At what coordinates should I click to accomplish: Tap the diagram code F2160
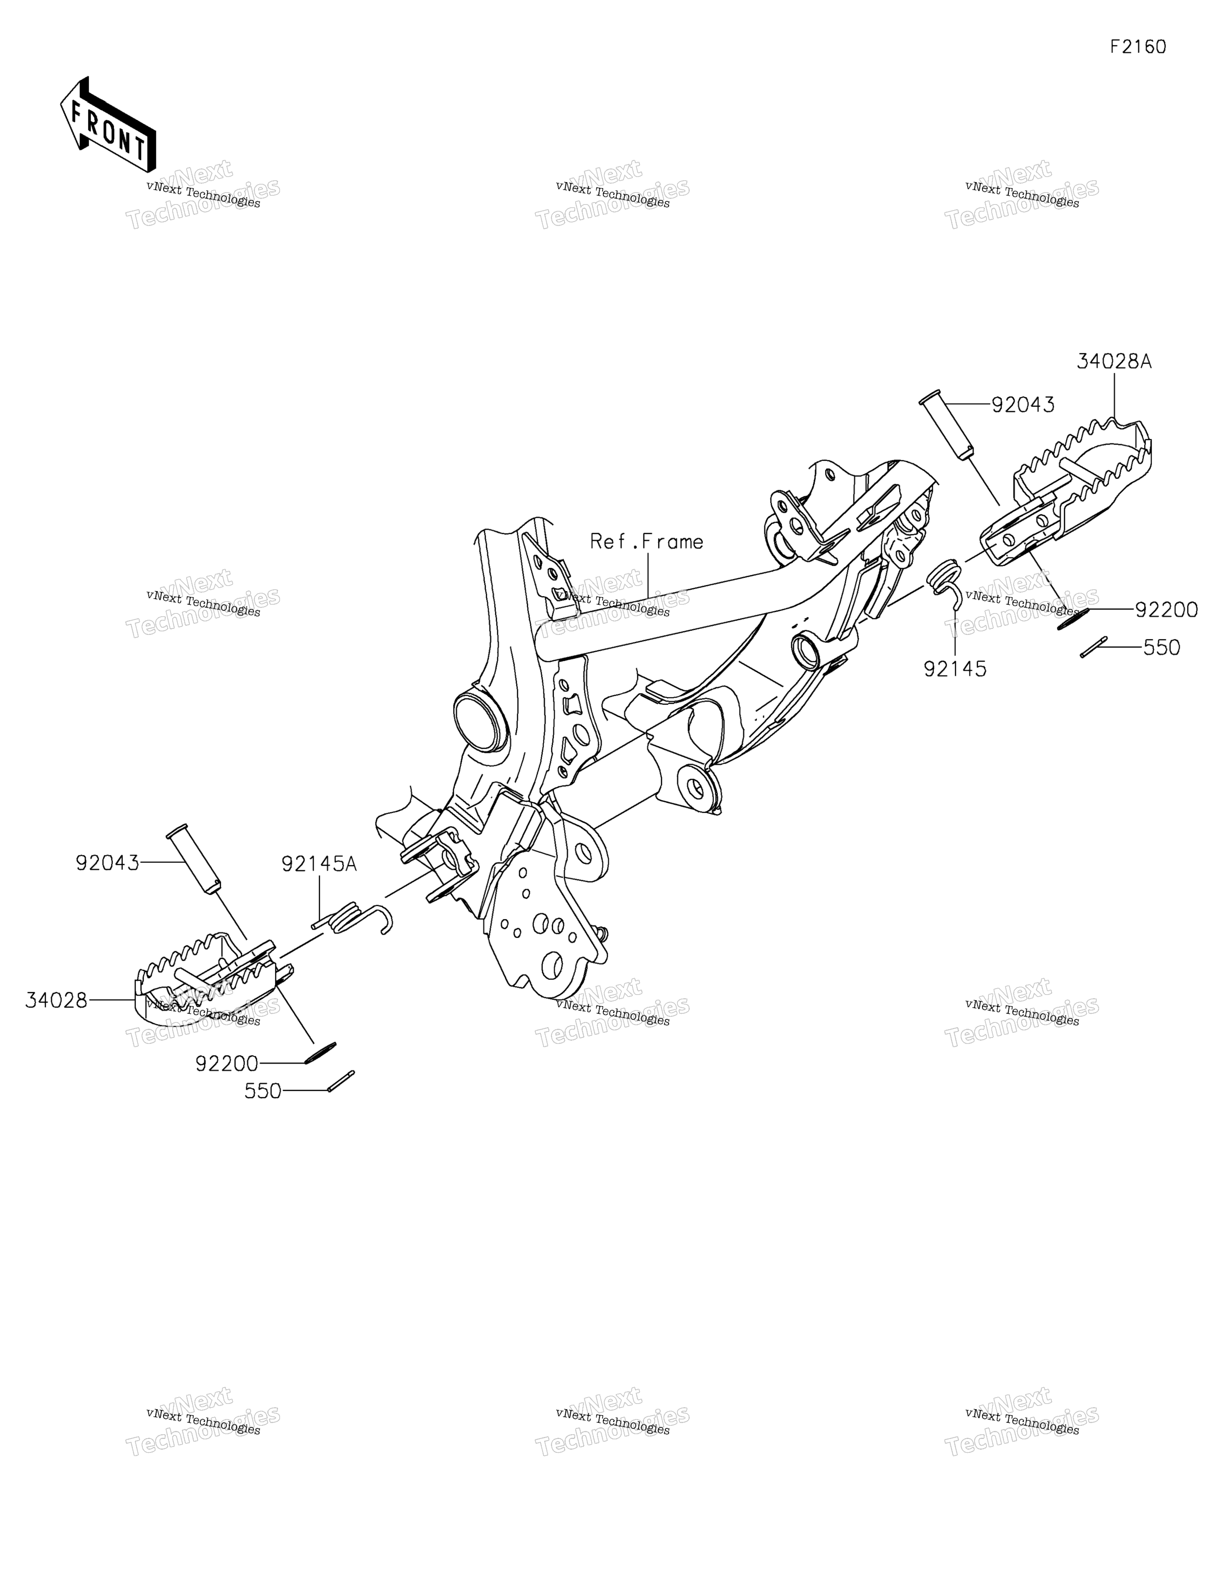[1138, 47]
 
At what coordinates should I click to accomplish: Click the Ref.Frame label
[646, 541]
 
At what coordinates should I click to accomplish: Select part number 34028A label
[1113, 362]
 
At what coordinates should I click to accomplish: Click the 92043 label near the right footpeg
[1022, 405]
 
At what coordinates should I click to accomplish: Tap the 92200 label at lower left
[226, 1063]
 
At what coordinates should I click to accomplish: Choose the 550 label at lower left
[263, 1091]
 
